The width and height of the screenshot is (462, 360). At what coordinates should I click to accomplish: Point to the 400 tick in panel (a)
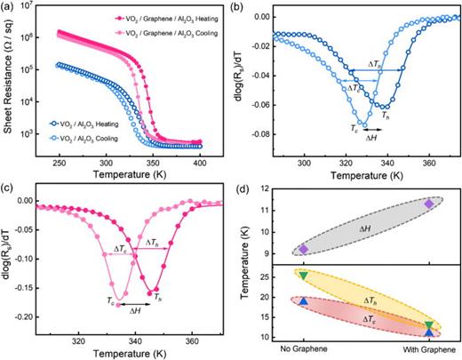[211, 167]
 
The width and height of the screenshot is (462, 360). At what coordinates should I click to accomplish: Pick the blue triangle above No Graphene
[304, 302]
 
